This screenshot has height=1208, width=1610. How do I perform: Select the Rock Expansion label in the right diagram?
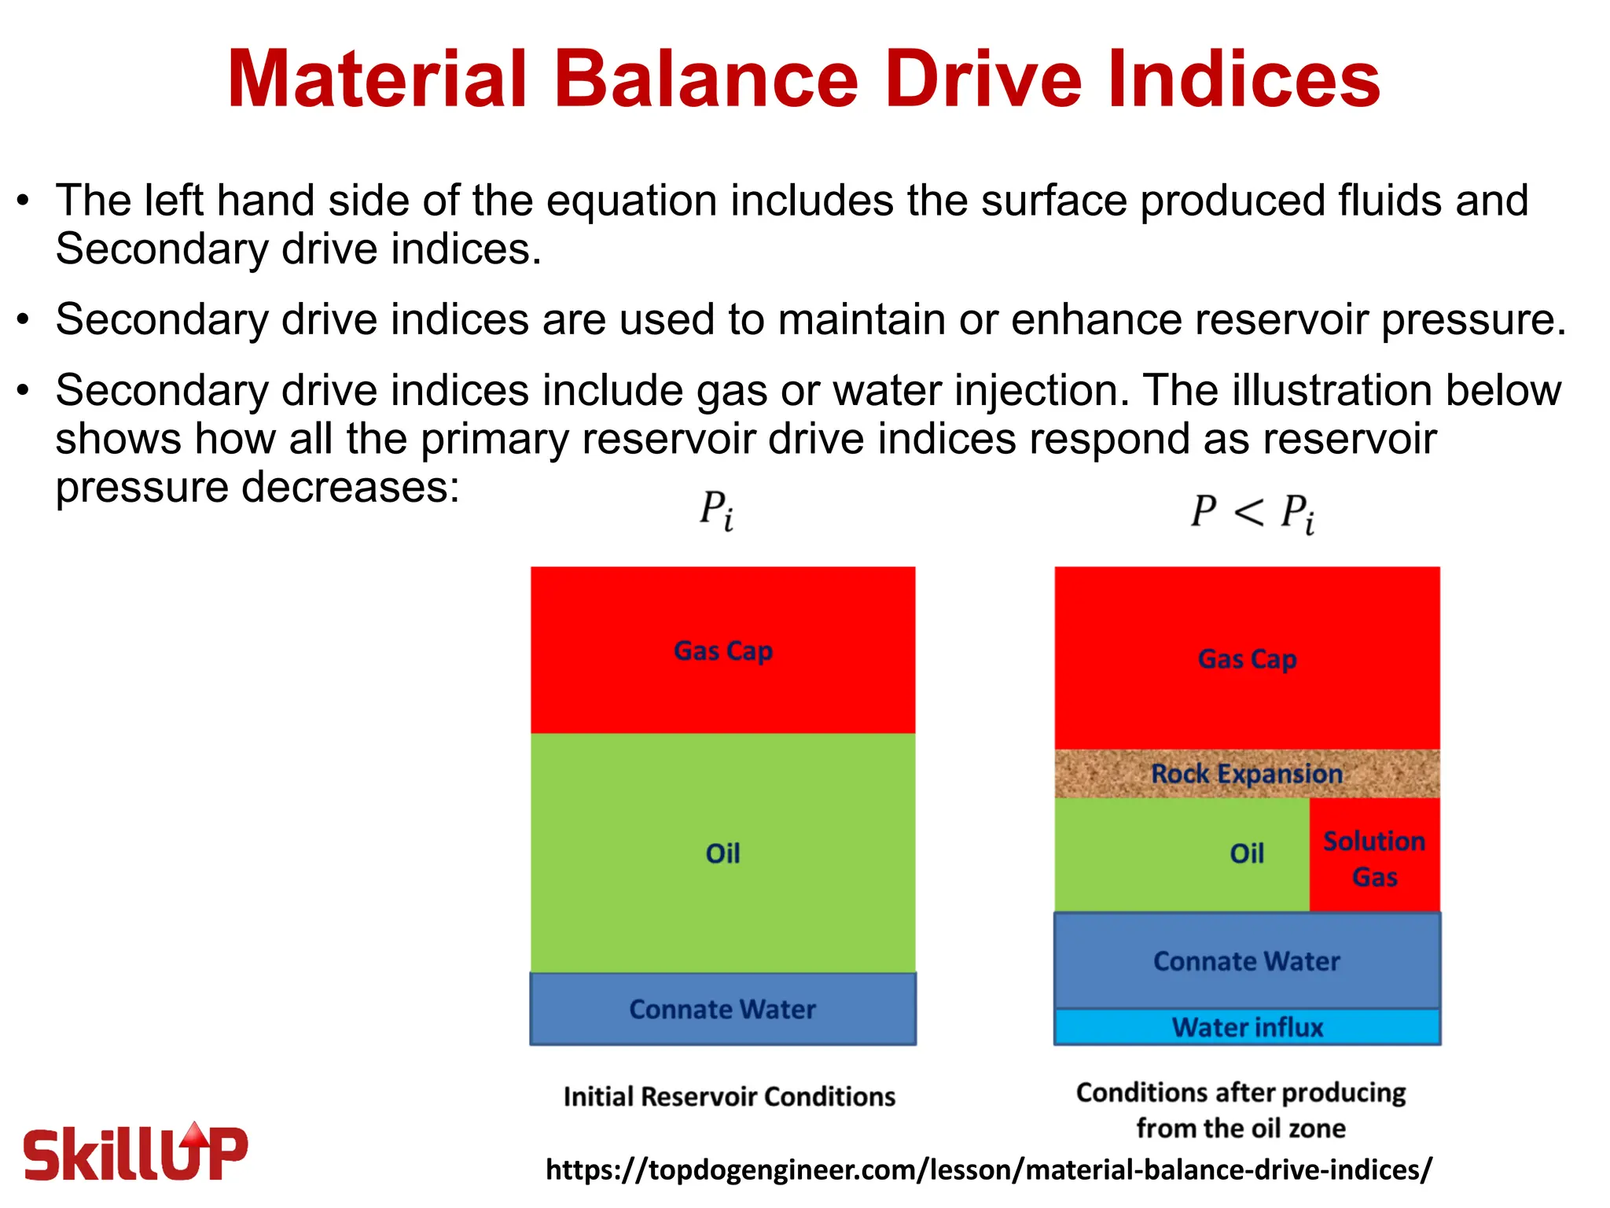(x=1247, y=774)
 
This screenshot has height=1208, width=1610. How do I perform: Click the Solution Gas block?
(x=1374, y=857)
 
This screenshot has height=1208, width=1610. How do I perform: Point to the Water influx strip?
(x=1247, y=1027)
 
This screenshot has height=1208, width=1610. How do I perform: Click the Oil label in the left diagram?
(x=722, y=853)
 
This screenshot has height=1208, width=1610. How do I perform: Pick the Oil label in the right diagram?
(x=1246, y=853)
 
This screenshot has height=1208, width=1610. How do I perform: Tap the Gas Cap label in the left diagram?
(x=722, y=651)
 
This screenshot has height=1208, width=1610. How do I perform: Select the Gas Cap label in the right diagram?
(x=1247, y=659)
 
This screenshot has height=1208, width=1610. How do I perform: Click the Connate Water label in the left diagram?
(x=722, y=1009)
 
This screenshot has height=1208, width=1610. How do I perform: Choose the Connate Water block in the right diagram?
(x=1247, y=961)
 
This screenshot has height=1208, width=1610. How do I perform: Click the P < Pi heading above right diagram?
(x=1252, y=513)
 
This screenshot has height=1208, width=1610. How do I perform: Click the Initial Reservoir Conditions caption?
(x=729, y=1096)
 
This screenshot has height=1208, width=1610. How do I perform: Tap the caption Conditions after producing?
(x=1241, y=1093)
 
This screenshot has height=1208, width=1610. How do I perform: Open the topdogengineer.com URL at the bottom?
(x=988, y=1169)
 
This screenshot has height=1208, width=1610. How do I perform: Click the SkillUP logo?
(x=135, y=1153)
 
